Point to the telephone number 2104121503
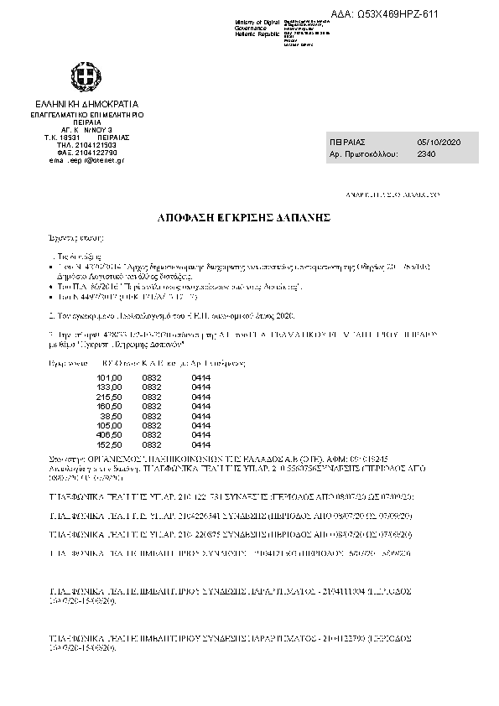pos(87,144)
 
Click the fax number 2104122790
pos(87,152)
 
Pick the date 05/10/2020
pos(444,143)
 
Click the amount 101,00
pos(111,377)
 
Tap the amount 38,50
pos(112,415)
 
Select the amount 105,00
pos(111,425)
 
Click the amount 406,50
pos(111,435)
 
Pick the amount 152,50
pos(111,444)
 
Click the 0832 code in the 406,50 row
pos(152,435)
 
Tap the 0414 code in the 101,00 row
pos(201,377)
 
